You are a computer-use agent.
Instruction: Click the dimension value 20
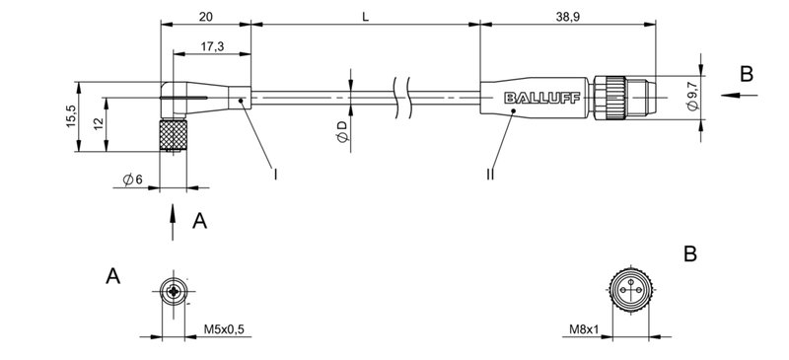[x=205, y=17]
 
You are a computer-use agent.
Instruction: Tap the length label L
[x=365, y=17]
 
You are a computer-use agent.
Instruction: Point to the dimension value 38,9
[x=568, y=17]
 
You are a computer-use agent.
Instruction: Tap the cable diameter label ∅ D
[x=341, y=133]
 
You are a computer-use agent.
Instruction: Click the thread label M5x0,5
[x=224, y=329]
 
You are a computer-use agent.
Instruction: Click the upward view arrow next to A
[x=174, y=219]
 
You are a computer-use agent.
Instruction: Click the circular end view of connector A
[x=175, y=293]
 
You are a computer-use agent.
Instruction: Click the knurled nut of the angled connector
[x=175, y=135]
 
